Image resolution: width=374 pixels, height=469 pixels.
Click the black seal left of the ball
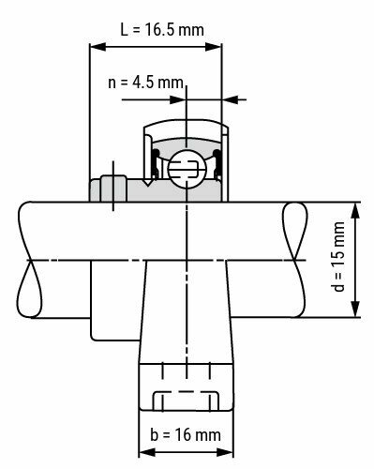point(156,159)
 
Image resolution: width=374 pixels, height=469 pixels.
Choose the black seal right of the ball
point(217,159)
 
